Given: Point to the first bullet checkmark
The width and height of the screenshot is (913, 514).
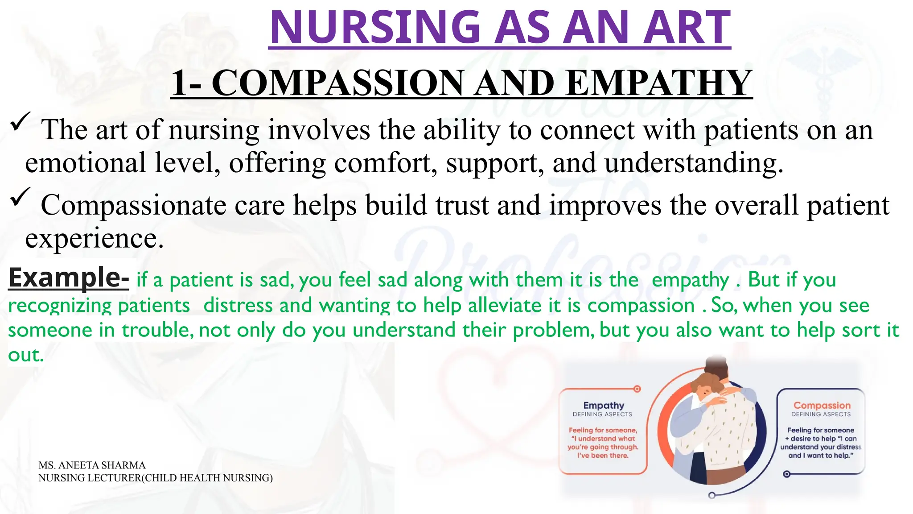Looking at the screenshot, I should (x=20, y=121).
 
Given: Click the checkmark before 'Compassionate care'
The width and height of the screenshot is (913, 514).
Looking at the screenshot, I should (x=20, y=197).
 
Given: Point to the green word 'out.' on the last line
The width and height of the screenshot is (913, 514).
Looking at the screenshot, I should (x=26, y=355).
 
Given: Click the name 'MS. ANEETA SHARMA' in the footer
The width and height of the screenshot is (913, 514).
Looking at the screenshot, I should (x=92, y=465).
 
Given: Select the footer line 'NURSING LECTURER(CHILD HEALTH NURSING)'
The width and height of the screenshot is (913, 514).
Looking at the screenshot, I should (x=155, y=478).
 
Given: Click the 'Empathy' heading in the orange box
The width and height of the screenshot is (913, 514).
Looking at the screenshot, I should (x=604, y=405).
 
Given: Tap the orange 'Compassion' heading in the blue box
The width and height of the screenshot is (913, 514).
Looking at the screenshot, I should (x=822, y=405).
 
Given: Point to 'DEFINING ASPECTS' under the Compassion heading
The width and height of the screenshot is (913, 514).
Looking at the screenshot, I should (x=821, y=415).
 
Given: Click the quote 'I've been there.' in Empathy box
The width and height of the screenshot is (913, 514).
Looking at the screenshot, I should (x=603, y=456).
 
